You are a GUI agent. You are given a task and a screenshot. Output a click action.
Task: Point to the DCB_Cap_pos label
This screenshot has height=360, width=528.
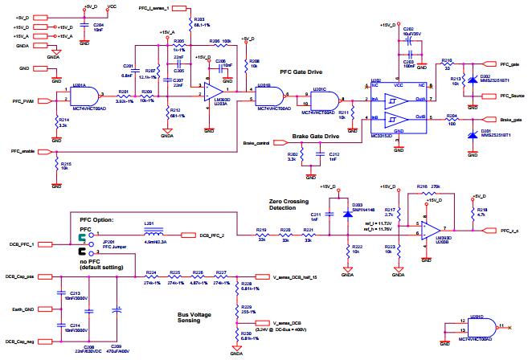pos(19,276)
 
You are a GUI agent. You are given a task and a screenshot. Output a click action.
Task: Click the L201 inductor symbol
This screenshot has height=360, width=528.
pos(150,230)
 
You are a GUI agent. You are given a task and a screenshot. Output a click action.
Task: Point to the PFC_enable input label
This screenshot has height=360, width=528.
pos(20,151)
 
